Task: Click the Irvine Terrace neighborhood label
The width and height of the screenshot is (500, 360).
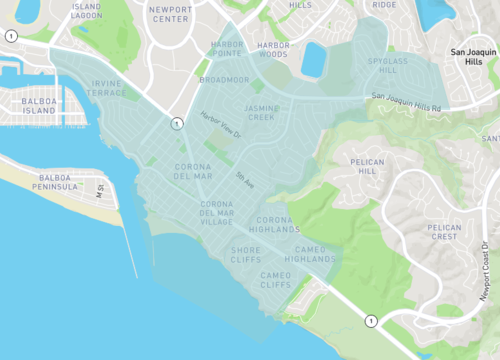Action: (x=109, y=87)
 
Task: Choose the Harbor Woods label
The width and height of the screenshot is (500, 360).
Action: (x=272, y=49)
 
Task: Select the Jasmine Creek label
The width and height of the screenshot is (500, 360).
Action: (x=261, y=112)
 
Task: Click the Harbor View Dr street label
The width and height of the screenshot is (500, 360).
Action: (x=221, y=125)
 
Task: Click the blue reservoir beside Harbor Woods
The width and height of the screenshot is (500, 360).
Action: (x=314, y=59)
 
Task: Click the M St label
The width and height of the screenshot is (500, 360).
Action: (x=99, y=186)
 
